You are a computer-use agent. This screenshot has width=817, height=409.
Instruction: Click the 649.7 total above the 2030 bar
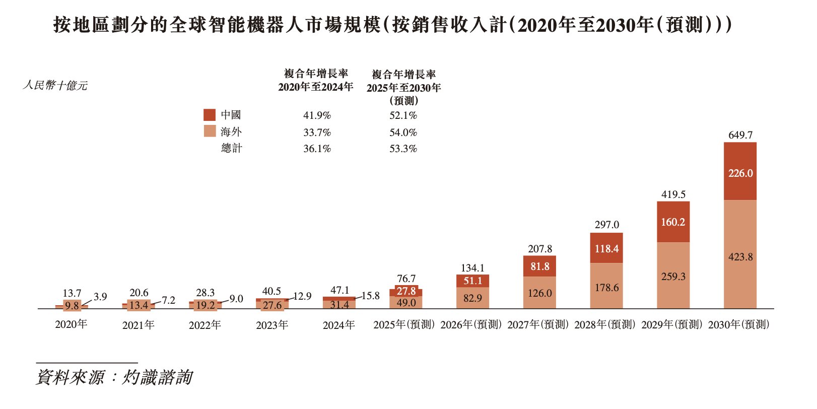point(740,135)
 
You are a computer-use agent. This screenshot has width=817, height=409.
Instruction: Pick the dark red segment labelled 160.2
point(673,222)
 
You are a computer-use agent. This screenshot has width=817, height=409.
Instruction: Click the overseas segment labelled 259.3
point(673,276)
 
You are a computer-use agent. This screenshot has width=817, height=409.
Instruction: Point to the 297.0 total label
point(606,225)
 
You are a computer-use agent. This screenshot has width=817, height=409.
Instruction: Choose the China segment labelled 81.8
point(539,266)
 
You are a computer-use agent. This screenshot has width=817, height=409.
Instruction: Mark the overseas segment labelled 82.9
point(472,298)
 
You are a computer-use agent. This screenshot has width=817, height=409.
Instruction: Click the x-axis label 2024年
point(338,325)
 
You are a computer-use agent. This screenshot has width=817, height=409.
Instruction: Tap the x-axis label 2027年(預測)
point(538,325)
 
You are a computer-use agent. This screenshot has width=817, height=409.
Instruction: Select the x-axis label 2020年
point(71,324)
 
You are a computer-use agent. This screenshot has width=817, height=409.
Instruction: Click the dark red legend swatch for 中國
point(210,115)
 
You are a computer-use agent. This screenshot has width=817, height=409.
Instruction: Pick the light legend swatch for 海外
point(210,131)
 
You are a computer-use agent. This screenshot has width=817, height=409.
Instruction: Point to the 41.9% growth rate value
point(317,115)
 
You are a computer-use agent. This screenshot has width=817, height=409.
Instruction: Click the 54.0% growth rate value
point(403,132)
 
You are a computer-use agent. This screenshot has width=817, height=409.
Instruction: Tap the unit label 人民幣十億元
point(55,86)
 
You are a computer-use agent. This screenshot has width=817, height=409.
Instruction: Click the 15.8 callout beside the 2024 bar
point(370,296)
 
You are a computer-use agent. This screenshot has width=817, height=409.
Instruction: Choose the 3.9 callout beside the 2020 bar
point(100,297)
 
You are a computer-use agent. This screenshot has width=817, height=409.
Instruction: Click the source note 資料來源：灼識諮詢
point(114,377)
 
